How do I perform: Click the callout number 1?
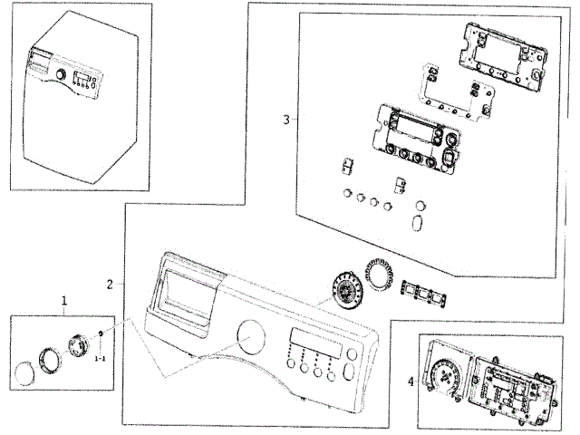point(63,300)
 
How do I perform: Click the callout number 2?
point(110,284)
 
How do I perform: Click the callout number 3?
point(285,120)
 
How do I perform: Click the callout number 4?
point(411,382)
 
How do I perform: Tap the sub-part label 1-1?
point(100,360)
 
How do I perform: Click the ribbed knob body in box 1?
point(78,345)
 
